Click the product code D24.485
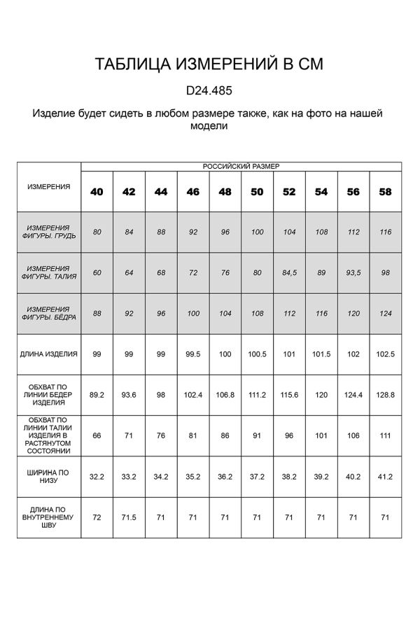coord(209,90)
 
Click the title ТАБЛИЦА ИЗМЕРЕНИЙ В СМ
coord(209,65)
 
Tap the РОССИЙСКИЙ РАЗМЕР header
coord(240,167)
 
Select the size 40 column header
coord(97,192)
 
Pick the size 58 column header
coord(385,192)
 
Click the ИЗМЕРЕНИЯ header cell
coord(49,186)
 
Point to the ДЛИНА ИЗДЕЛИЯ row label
coord(49,354)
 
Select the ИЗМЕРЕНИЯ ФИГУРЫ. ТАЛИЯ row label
coord(49,272)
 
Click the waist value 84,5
coord(289,272)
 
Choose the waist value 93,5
coord(353,272)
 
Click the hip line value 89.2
coord(97,395)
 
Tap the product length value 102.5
coord(385,354)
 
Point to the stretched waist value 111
coord(385,435)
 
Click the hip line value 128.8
coord(385,395)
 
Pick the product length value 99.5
coord(193,354)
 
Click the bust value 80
coord(97,231)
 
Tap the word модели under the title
coord(209,127)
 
